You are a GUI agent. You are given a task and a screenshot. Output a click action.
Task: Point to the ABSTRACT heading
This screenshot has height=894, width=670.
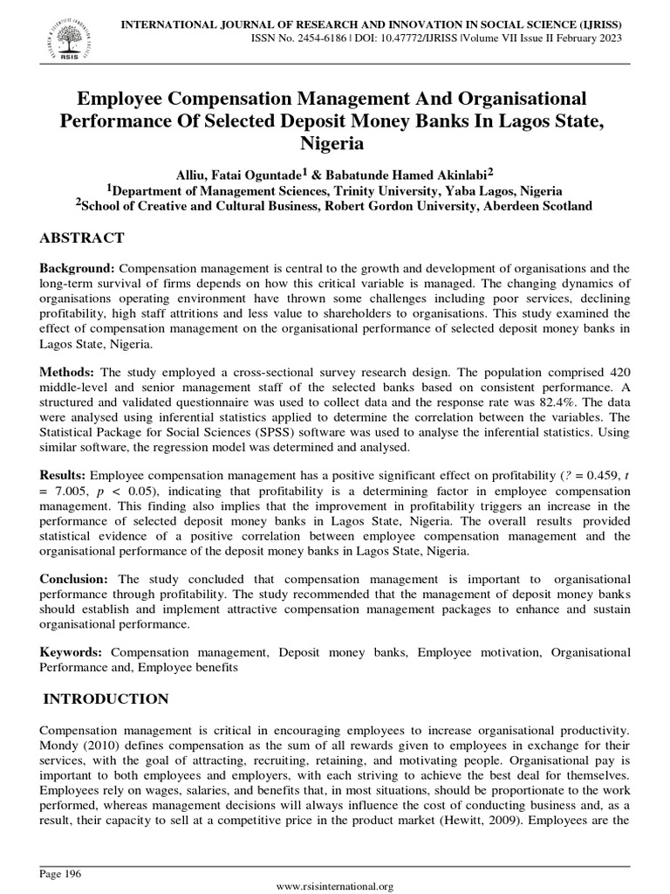click(x=83, y=238)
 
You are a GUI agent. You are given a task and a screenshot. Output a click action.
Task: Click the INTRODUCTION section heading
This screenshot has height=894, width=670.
click(x=106, y=698)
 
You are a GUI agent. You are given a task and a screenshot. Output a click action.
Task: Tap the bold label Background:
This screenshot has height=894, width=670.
click(x=77, y=267)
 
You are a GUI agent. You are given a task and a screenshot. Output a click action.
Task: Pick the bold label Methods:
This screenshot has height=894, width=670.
click(x=69, y=372)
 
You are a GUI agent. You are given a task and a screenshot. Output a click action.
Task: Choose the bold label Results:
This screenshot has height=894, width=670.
click(x=64, y=475)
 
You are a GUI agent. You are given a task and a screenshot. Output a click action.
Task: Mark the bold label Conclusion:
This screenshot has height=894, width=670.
click(x=74, y=579)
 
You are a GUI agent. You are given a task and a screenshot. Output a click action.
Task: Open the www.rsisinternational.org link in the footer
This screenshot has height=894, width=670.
click(x=335, y=887)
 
